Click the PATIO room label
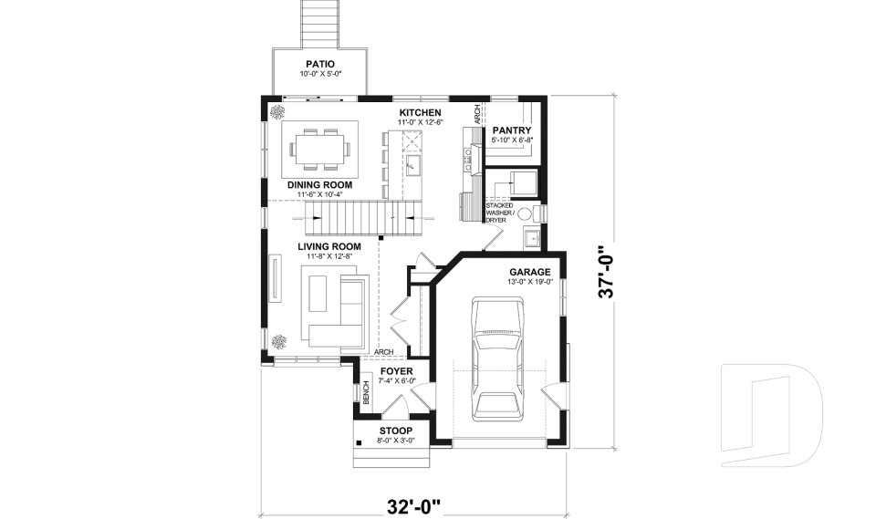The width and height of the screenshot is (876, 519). pos(319,64)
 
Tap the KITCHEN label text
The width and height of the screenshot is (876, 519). pos(420,113)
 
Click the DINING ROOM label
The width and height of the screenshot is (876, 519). pos(319,184)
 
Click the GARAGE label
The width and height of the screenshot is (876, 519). pos(529,272)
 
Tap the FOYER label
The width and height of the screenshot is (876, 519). pos(397,371)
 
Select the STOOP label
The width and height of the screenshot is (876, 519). pos(395,431)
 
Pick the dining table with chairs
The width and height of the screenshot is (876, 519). pos(319,147)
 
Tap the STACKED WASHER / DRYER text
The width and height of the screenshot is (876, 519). pos(500,213)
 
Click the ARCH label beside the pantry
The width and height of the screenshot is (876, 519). pos(476,113)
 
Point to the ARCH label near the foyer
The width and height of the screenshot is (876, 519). pos(384,352)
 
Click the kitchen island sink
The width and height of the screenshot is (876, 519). pos(412,164)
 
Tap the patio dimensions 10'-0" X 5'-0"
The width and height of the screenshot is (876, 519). pos(319,74)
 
